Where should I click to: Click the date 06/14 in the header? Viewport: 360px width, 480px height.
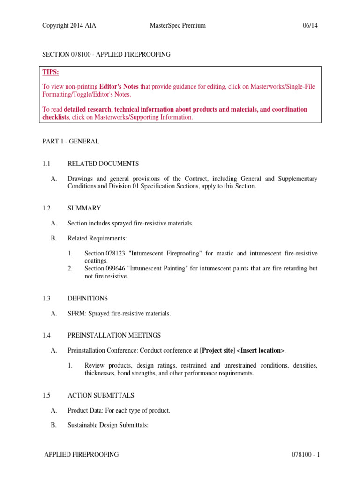point(310,25)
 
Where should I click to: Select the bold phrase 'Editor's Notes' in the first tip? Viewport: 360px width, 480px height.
point(119,86)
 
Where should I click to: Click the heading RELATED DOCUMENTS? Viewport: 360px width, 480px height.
point(103,164)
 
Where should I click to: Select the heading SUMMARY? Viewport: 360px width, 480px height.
point(84,208)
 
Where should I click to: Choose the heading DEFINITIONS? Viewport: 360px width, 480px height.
point(88,298)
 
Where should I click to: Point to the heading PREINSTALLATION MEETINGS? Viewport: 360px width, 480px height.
point(114,335)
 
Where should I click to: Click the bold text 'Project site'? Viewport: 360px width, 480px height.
point(217,351)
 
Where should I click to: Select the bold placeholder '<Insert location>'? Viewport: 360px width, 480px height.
point(259,351)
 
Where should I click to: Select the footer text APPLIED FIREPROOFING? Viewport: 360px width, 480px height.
point(81,454)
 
